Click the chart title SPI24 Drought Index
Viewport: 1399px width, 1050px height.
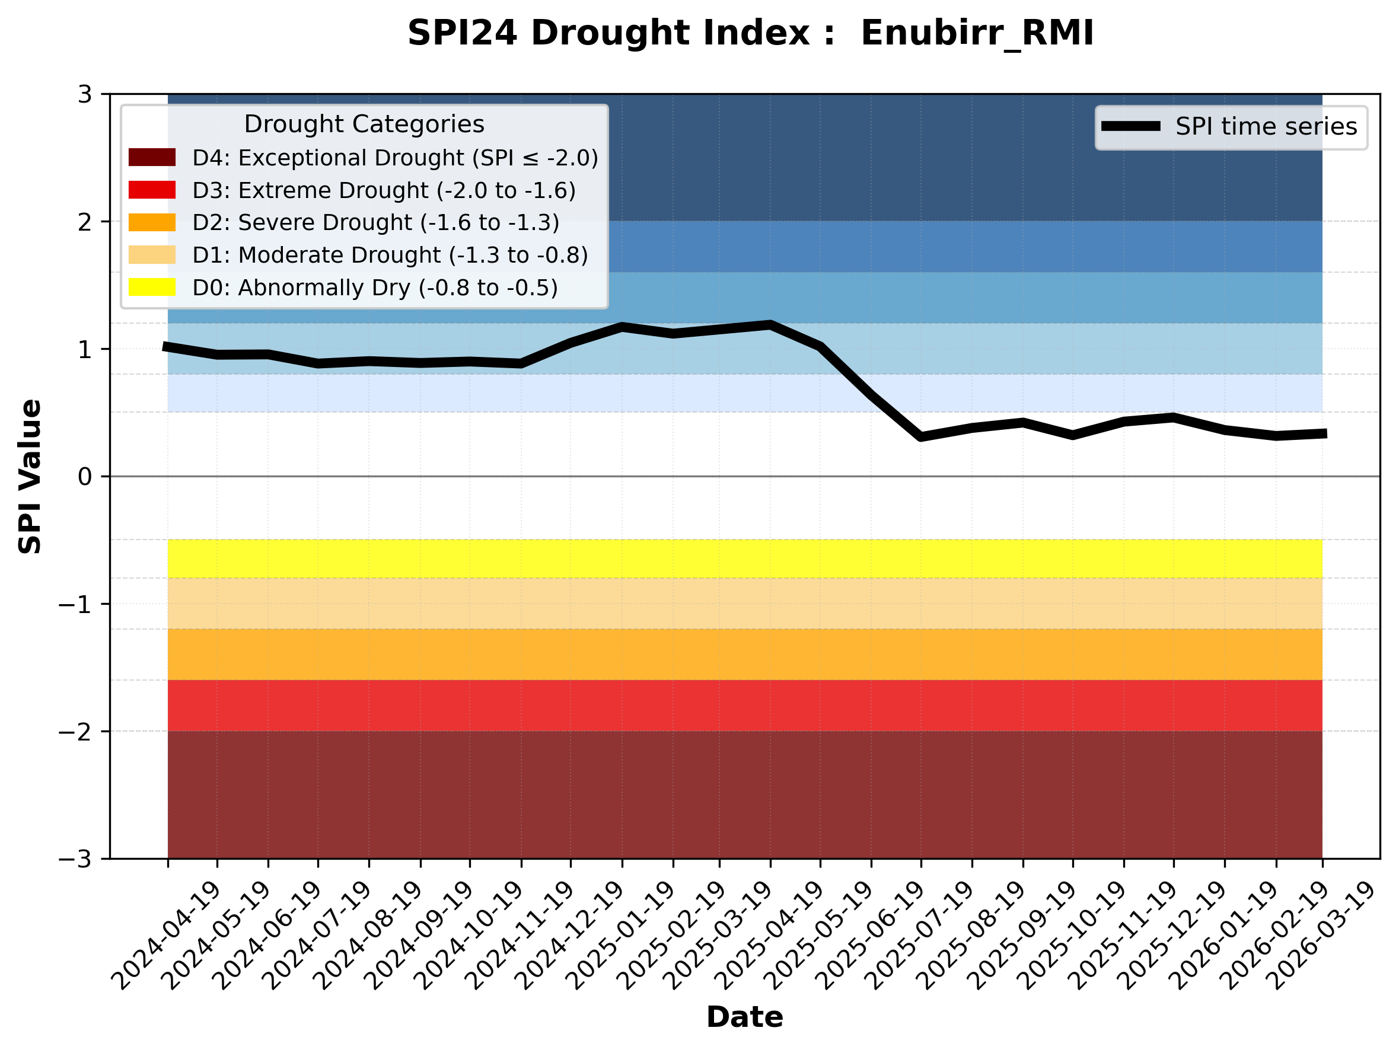click(x=750, y=33)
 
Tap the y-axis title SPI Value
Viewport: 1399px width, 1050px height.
click(x=30, y=477)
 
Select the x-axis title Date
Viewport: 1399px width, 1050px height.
click(x=744, y=1017)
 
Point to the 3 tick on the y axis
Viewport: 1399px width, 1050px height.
click(x=85, y=94)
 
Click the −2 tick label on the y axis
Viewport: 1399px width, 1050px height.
click(x=75, y=732)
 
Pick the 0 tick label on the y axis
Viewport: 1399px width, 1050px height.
click(x=85, y=477)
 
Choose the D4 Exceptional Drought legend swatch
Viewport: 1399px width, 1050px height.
click(x=152, y=157)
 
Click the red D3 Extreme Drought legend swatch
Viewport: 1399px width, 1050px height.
click(x=152, y=190)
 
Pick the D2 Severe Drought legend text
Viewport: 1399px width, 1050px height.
click(x=375, y=222)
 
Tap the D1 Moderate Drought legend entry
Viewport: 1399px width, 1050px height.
click(x=390, y=255)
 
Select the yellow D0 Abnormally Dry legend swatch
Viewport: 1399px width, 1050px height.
click(x=152, y=287)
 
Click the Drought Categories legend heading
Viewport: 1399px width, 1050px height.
click(x=364, y=124)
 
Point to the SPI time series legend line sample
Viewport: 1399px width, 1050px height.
click(x=1130, y=126)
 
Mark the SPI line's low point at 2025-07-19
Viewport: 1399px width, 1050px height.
click(x=920, y=437)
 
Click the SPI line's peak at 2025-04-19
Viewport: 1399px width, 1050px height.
click(x=770, y=325)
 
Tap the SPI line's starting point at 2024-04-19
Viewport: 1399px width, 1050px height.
click(x=166, y=347)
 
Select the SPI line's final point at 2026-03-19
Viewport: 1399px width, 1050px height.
click(x=1323, y=433)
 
